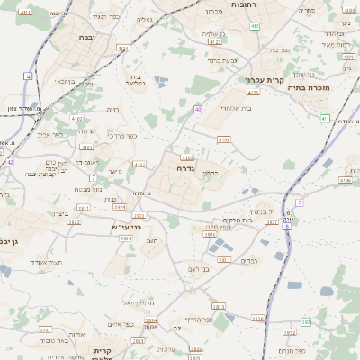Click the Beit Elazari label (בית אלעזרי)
coord(236,108)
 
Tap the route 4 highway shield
coord(28,77)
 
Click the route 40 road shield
coord(197,109)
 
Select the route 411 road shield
coord(325,118)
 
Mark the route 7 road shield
coord(92,177)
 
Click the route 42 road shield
coord(10,162)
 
